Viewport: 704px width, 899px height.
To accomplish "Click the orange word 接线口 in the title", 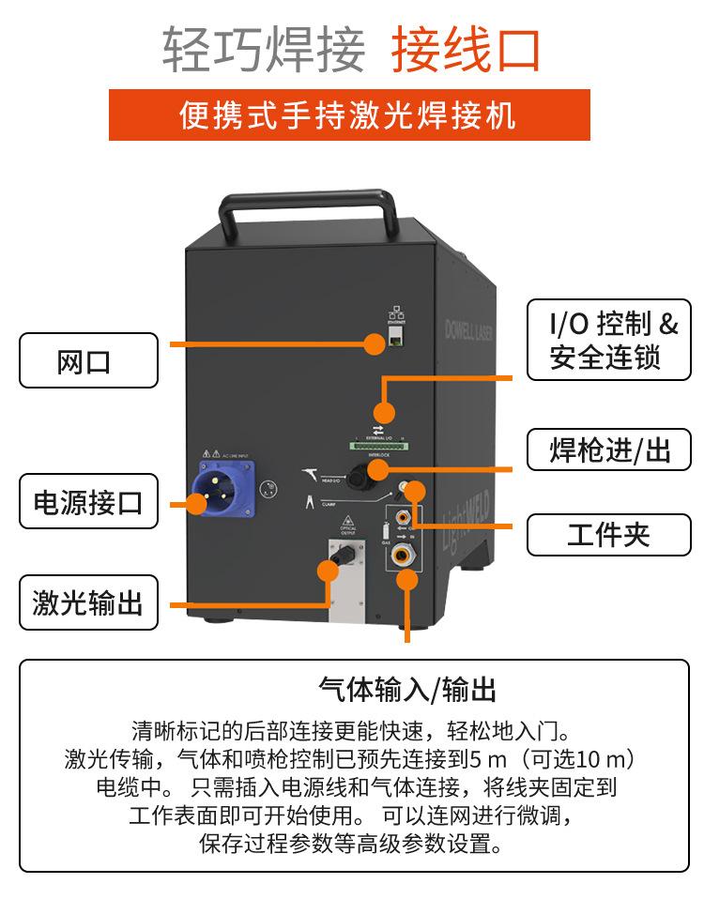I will point(467,50).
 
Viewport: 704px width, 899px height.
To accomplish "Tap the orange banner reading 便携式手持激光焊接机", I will point(349,115).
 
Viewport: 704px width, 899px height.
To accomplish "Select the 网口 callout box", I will point(89,360).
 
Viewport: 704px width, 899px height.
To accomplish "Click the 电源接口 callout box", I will point(89,502).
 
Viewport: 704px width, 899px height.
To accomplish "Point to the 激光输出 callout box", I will point(89,602).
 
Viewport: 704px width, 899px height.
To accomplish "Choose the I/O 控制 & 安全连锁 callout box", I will point(608,340).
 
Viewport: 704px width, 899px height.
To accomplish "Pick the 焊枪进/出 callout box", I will point(608,451).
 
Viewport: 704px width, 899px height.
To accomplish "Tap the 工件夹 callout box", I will point(608,535).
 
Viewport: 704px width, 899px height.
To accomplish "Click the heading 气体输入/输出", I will point(406,690).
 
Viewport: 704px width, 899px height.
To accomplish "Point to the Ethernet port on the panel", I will point(395,338).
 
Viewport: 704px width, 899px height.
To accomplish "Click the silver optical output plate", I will point(346,579).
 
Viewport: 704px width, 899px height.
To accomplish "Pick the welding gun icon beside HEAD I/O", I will point(313,475).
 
